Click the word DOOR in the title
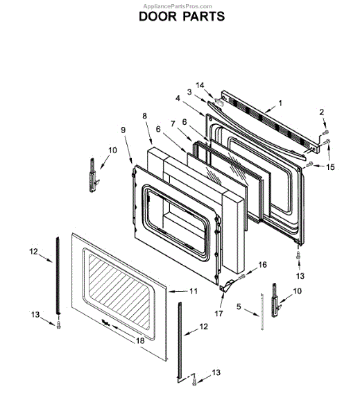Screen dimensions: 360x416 tap(157, 17)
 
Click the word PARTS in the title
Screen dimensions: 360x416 tap(204, 17)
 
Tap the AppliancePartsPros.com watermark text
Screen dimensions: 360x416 tap(178, 6)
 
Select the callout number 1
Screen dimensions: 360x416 tap(280, 103)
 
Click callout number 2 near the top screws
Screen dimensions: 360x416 tap(322, 112)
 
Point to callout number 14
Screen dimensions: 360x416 tap(200, 85)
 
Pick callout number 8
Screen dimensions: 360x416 tap(144, 116)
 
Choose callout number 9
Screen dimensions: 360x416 tap(123, 130)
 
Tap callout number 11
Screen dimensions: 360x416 tap(194, 291)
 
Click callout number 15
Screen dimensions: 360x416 tap(331, 167)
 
